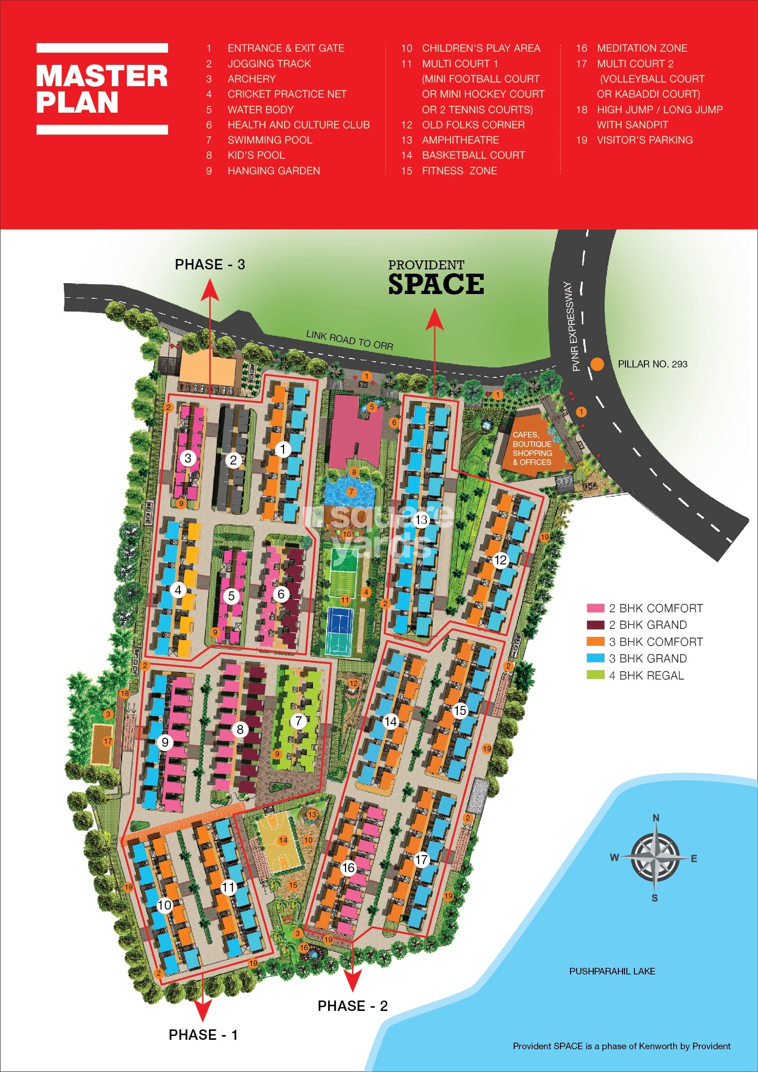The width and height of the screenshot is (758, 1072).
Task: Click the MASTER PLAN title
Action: pos(102,89)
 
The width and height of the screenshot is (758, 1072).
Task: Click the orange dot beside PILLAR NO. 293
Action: pos(597,364)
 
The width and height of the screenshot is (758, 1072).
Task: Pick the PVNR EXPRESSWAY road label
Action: pos(572,326)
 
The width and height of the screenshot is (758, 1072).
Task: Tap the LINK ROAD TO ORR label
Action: pos(349,339)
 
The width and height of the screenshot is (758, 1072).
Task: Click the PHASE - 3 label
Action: pos(210,264)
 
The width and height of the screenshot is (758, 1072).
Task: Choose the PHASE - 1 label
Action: pos(203,1035)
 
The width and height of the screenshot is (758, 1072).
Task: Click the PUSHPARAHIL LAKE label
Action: pos(612,971)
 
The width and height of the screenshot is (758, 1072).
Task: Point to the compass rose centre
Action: pos(655,858)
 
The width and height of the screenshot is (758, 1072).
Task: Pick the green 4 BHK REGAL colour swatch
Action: pos(595,675)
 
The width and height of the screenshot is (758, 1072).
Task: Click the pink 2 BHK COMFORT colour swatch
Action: pos(595,608)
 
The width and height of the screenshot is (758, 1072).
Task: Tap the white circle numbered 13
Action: pos(421,520)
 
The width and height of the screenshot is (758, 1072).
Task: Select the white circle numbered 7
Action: pos(298,721)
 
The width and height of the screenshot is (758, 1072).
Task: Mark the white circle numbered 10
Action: pos(164,905)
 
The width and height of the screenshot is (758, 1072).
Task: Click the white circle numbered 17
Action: pos(421,859)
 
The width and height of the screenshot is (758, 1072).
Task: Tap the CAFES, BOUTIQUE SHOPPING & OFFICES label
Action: pos(532,448)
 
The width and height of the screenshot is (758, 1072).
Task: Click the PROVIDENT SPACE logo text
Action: pos(436,279)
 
